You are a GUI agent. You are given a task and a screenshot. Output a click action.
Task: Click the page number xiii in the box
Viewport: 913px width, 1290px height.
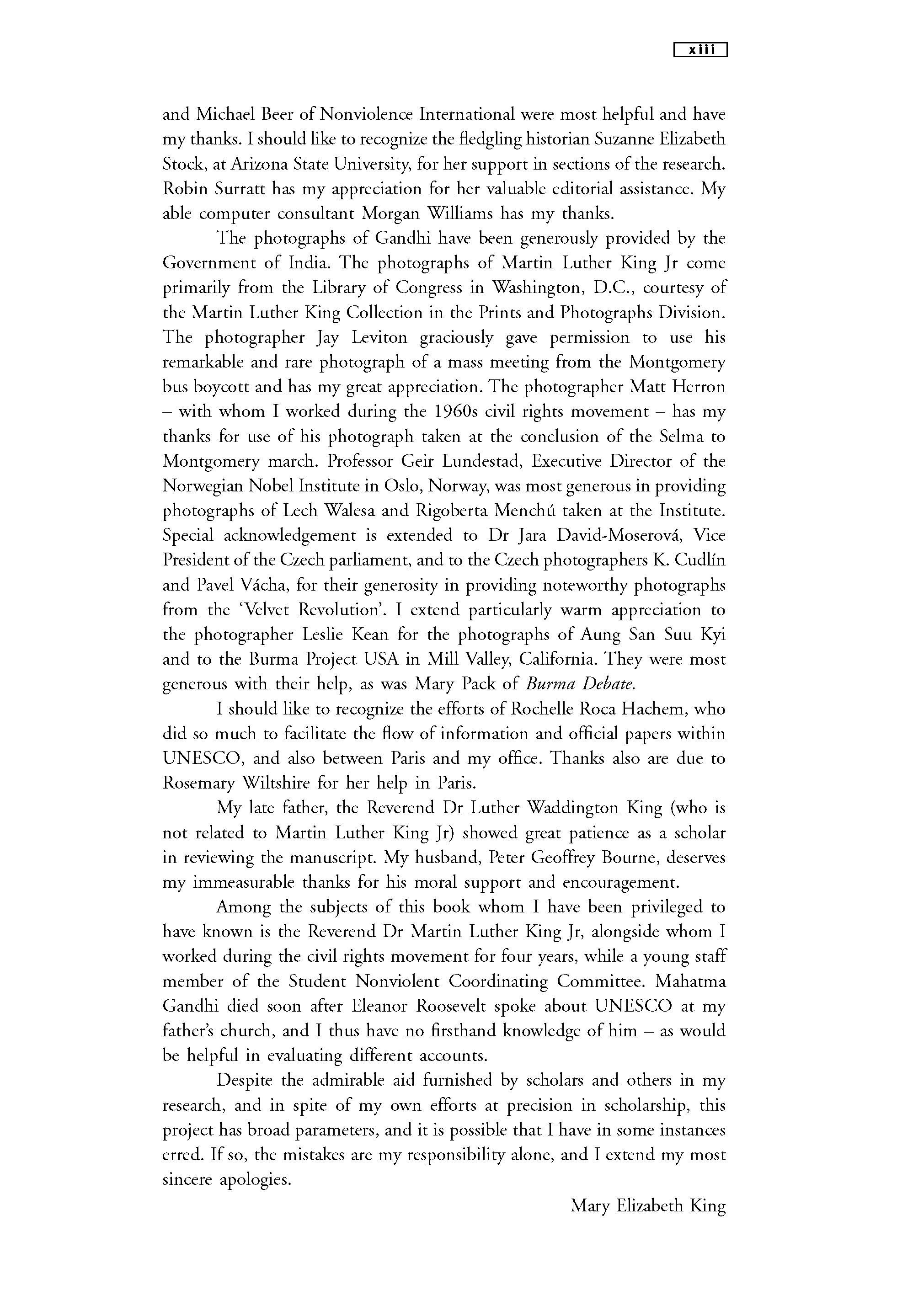700,51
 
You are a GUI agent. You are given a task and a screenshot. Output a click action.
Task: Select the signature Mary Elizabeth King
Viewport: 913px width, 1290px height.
648,1206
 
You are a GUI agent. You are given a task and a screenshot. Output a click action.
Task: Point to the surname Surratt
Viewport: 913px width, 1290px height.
240,189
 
